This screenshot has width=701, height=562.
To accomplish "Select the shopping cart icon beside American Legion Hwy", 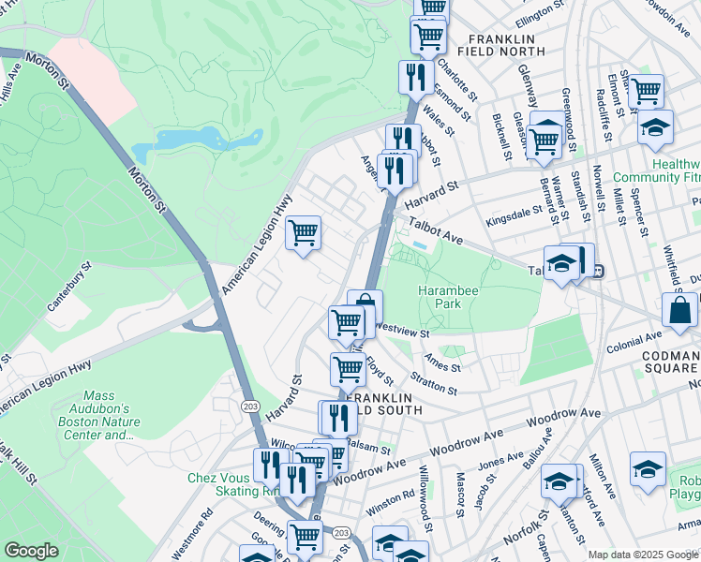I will coord(302,231).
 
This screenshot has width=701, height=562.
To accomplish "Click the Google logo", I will coord(31,551).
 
